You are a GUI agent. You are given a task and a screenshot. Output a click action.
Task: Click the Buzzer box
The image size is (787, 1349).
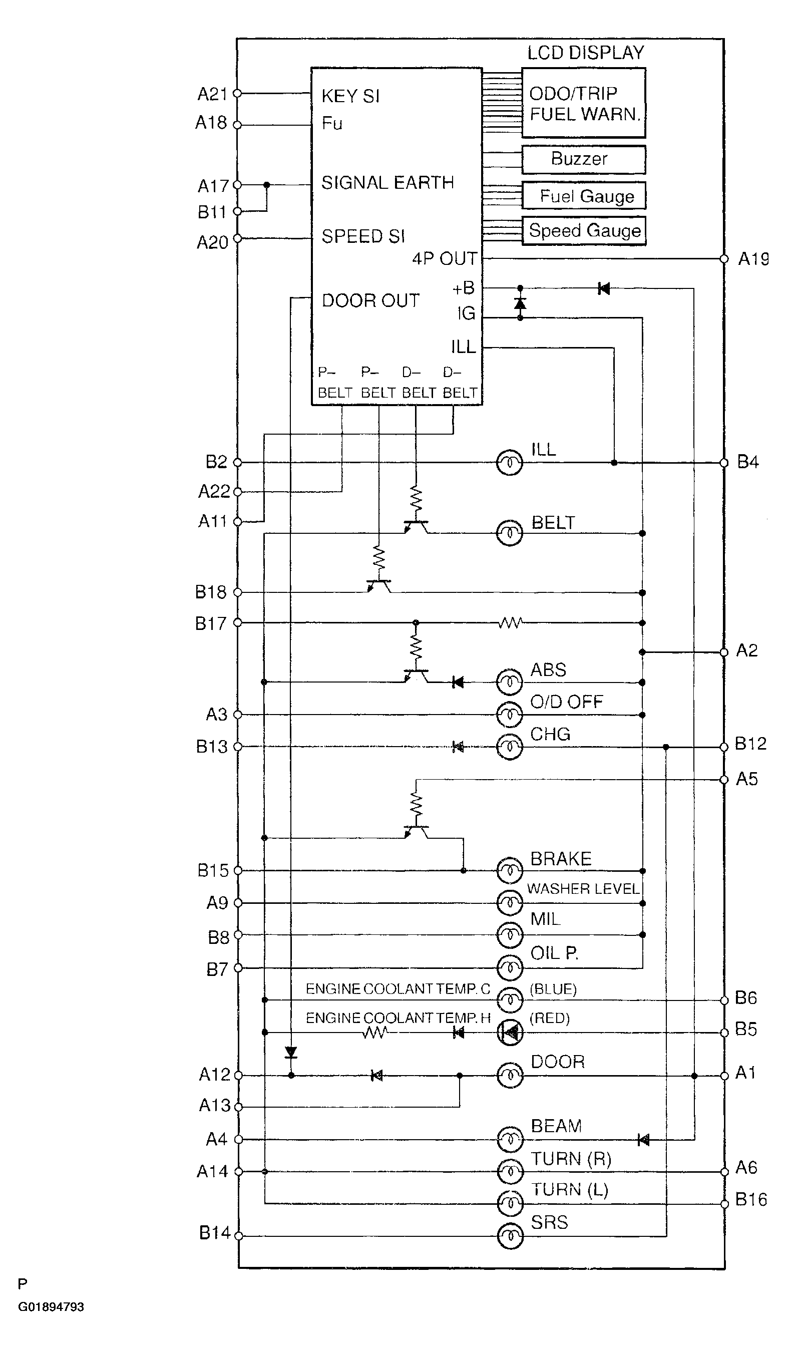[x=584, y=160]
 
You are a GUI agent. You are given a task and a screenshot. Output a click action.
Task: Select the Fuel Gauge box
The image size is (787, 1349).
[x=584, y=196]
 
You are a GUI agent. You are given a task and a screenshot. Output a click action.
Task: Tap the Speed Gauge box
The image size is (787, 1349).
[x=584, y=231]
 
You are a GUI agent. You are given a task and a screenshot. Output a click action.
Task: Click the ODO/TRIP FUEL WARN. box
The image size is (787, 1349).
[x=584, y=103]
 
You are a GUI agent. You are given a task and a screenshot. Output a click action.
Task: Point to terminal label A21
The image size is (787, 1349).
[x=213, y=94]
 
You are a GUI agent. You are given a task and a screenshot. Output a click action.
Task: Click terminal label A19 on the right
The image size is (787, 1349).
[x=753, y=259]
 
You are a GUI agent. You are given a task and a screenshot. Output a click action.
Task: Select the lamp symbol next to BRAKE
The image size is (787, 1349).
[x=510, y=871]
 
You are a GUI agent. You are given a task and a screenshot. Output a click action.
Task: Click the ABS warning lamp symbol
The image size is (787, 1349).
[x=510, y=682]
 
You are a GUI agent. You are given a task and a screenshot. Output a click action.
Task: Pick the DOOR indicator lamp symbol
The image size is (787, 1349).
[x=510, y=1076]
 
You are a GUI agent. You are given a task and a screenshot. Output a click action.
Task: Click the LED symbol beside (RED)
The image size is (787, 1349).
[x=510, y=1032]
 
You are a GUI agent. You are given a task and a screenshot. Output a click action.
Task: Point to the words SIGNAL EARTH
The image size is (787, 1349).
[x=387, y=183]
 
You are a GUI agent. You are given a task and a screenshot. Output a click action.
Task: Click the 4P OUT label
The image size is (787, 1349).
[x=445, y=259]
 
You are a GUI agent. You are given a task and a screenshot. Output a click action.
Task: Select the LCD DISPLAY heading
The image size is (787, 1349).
[x=586, y=53]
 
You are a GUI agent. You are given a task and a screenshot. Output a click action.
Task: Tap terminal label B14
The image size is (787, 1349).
[x=215, y=1233]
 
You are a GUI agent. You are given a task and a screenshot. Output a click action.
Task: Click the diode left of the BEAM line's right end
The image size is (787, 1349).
[x=643, y=1140]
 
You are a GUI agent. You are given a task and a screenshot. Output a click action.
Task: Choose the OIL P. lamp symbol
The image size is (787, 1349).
[x=510, y=968]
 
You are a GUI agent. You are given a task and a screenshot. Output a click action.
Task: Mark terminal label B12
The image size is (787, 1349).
[x=750, y=744]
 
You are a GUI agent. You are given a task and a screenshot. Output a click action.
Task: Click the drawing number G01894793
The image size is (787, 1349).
[x=51, y=1307]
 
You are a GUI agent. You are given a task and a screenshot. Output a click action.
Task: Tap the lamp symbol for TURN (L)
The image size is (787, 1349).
[x=510, y=1204]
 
